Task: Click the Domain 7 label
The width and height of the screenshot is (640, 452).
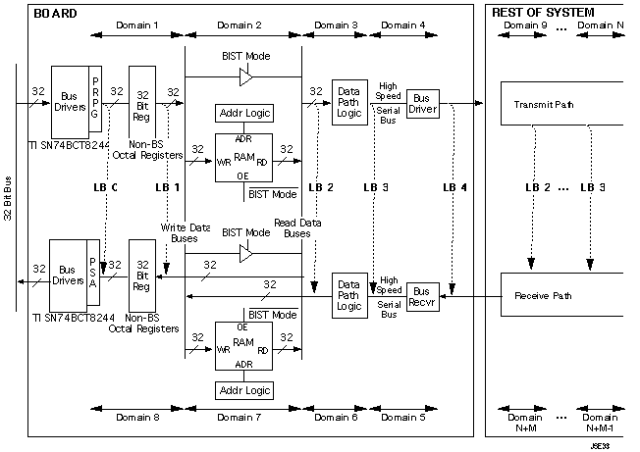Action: [242, 417]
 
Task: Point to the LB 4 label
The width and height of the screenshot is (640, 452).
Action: [455, 186]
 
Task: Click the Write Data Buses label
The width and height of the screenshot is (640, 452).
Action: [180, 232]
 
